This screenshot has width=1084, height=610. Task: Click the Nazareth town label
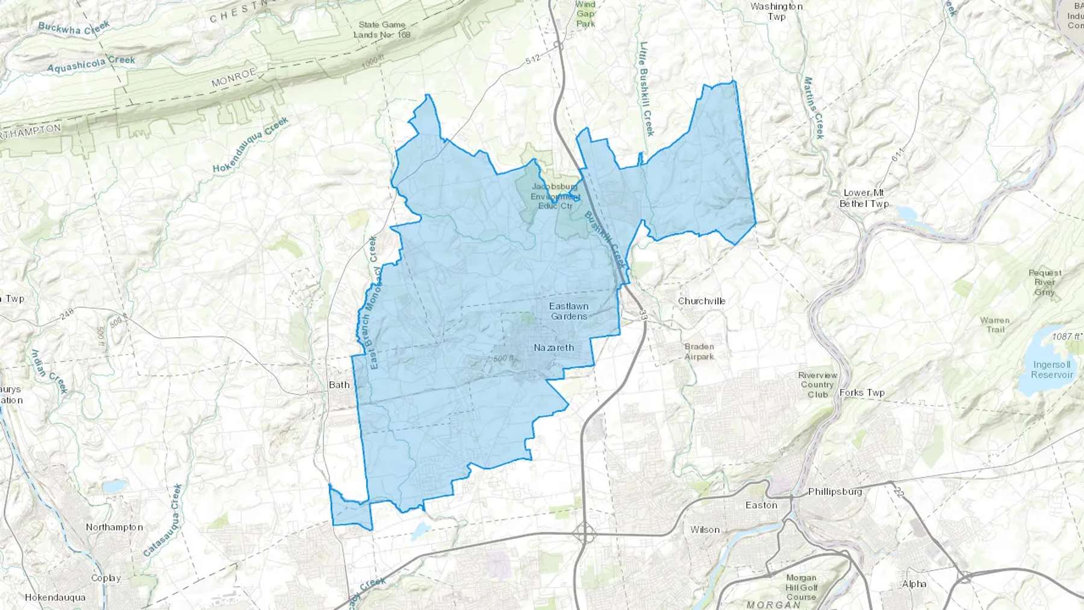[x=553, y=347]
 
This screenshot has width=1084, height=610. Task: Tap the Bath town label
[x=339, y=385]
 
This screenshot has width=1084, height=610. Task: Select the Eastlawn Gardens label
[x=568, y=311]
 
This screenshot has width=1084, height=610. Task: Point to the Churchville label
[x=702, y=300]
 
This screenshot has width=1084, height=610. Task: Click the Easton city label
[x=761, y=505]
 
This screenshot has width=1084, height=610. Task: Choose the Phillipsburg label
[x=835, y=491]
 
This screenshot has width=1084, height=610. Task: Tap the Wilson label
[x=705, y=530]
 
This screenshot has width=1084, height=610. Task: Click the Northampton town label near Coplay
[x=114, y=527]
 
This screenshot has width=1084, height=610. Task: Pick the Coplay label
[x=106, y=578]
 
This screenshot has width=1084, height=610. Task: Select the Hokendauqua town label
[x=55, y=597]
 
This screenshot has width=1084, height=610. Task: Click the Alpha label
[x=914, y=584]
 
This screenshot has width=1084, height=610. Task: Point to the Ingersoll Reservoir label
[x=1051, y=369]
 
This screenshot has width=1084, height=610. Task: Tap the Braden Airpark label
[x=699, y=351]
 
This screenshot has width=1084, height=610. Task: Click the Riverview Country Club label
[x=817, y=385]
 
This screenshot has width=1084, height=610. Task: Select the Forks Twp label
[x=862, y=393]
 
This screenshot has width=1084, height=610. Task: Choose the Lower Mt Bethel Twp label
[x=864, y=198]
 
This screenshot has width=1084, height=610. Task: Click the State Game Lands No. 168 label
[x=382, y=30]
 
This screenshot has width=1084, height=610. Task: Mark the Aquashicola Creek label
[x=91, y=64]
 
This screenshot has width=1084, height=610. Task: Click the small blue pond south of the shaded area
[x=420, y=530]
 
